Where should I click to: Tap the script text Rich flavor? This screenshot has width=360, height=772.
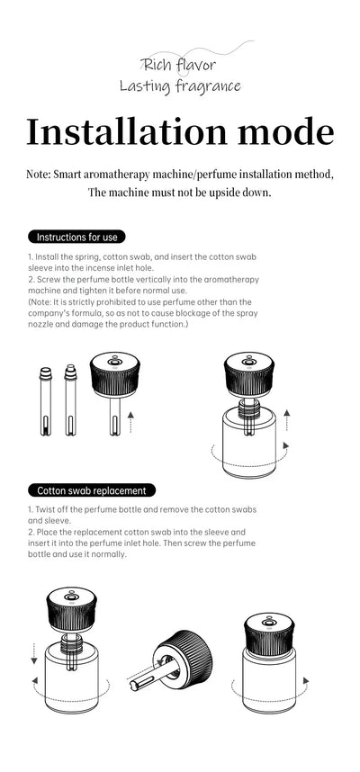(179, 65)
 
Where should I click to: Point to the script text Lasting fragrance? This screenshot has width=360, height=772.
(180, 86)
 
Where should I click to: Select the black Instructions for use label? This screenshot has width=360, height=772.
(76, 237)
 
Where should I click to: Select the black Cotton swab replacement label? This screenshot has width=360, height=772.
(92, 490)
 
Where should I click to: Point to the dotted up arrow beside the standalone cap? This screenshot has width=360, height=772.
(132, 420)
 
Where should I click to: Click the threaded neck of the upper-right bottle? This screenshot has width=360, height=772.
(247, 408)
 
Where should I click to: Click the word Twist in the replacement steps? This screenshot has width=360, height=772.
(47, 509)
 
